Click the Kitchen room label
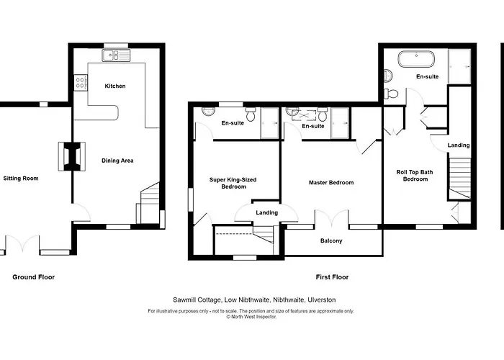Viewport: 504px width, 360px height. click(115, 86)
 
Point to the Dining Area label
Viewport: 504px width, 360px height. click(117, 161)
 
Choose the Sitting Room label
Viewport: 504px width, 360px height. click(20, 178)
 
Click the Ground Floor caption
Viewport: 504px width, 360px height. click(33, 276)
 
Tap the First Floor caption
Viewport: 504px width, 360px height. click(332, 276)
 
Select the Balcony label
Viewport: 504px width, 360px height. click(331, 240)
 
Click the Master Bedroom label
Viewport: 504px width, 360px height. click(331, 182)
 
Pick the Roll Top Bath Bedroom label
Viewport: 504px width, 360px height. click(416, 175)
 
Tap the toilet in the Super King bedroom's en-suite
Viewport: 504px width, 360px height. click(250, 114)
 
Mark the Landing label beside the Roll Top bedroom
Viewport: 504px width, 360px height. click(459, 145)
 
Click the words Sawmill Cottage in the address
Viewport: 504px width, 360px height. click(196, 300)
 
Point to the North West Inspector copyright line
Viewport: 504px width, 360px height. click(251, 316)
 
